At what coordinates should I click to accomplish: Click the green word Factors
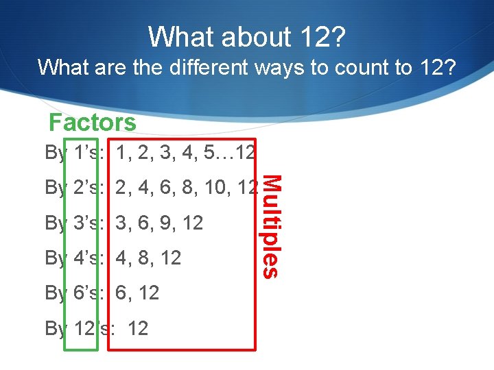(x=93, y=123)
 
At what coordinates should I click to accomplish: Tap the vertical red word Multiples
(x=272, y=227)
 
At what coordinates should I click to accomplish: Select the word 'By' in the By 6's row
(x=56, y=293)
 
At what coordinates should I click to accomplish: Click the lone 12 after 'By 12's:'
(x=137, y=328)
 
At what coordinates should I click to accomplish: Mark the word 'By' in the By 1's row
(x=56, y=152)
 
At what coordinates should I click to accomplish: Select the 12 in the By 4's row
(x=170, y=258)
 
